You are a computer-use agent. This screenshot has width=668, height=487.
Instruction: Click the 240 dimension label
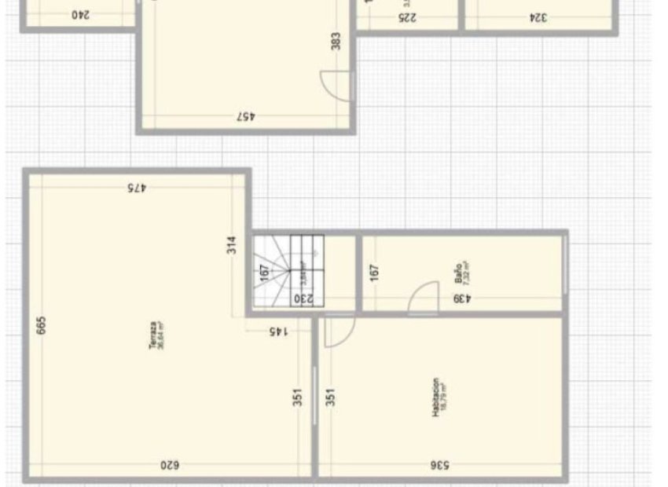(81, 15)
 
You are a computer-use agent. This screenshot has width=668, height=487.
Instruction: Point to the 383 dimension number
(336, 42)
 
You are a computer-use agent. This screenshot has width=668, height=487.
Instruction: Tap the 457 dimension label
(249, 116)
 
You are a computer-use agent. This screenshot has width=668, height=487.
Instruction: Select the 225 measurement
(407, 17)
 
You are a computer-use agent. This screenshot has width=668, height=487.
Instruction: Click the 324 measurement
(538, 17)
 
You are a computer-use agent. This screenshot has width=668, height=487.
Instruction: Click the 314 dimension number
(231, 245)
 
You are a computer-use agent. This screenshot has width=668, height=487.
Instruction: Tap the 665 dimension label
(42, 325)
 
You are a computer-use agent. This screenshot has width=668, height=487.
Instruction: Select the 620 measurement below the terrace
(170, 465)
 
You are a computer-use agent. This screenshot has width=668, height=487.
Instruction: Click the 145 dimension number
(278, 331)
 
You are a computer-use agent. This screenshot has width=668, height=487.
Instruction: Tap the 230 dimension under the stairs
(304, 298)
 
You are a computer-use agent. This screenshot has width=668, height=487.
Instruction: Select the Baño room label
(461, 272)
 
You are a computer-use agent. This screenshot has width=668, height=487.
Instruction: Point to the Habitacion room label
(438, 396)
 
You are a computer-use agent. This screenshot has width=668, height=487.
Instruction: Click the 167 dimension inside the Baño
(375, 272)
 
